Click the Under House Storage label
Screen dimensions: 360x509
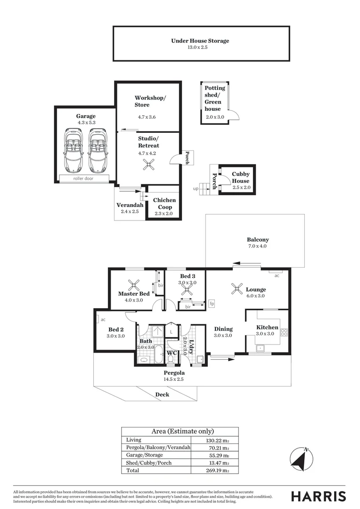(200, 41)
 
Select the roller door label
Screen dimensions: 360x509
(83, 179)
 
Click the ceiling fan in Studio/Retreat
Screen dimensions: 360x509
(149, 165)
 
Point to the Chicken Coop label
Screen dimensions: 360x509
(164, 204)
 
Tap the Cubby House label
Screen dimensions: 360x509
(240, 177)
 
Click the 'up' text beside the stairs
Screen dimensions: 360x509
(196, 189)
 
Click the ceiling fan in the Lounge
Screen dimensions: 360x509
(237, 288)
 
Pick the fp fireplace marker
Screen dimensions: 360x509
(212, 304)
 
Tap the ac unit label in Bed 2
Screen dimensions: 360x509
(103, 320)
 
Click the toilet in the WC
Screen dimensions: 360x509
(171, 360)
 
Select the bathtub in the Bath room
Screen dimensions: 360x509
(159, 355)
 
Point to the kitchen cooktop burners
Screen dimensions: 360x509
(284, 332)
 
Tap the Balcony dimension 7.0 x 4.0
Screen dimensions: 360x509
(258, 246)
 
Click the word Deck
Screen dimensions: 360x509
(162, 394)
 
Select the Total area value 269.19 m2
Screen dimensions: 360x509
(218, 470)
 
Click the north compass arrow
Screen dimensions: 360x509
(302, 459)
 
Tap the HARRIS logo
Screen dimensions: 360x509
(319, 496)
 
